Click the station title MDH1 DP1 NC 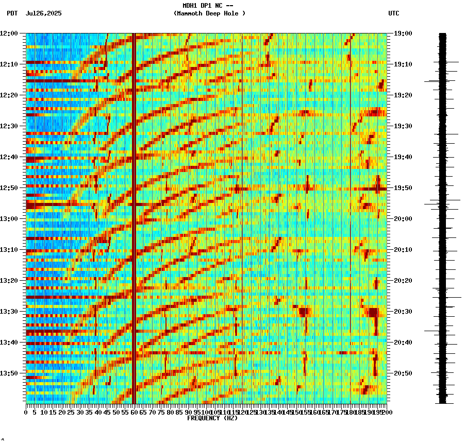click(x=204, y=6)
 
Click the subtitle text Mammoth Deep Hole click(x=209, y=13)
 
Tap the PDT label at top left click(x=12, y=13)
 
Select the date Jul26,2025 click(x=43, y=13)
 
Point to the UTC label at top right click(x=393, y=13)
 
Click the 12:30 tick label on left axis click(x=9, y=126)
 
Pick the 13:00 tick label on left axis click(x=9, y=219)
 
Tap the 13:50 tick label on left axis click(x=9, y=373)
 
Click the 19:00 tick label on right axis click(x=403, y=33)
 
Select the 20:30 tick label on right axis click(x=403, y=312)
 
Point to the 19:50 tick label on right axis click(x=403, y=188)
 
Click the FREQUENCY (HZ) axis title click(x=212, y=418)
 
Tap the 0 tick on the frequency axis click(x=26, y=412)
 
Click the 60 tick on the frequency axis click(x=135, y=412)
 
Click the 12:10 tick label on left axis click(x=9, y=64)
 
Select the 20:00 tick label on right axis click(x=403, y=219)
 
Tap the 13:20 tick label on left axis click(x=9, y=281)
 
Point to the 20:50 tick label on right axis click(x=403, y=373)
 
